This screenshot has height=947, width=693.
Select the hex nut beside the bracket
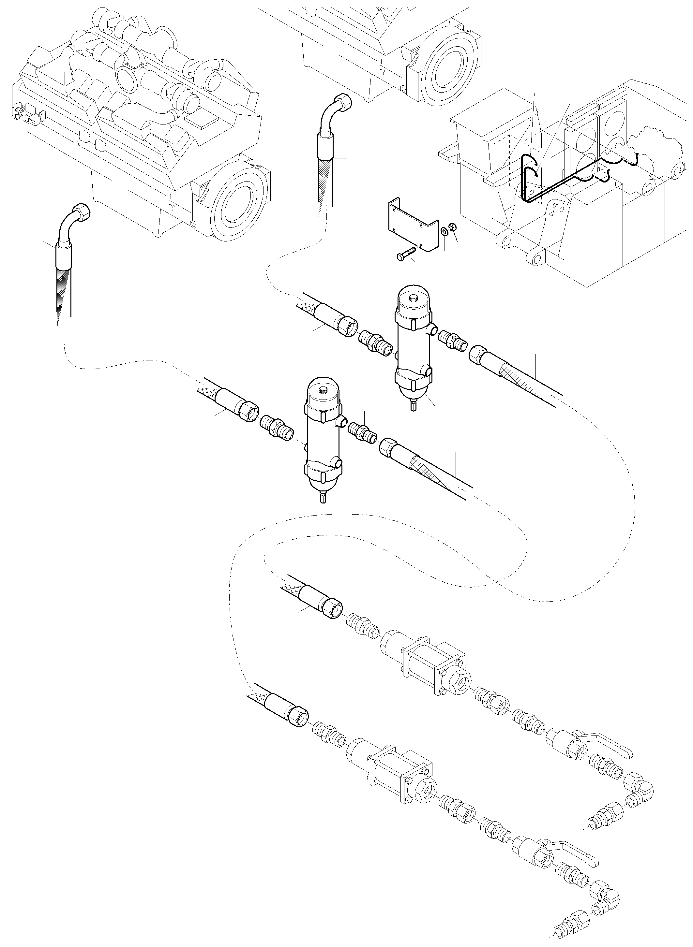453,227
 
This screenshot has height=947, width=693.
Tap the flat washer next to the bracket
444,231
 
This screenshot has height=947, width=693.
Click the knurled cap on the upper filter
415,298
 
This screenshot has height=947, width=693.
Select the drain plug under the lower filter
323,498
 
